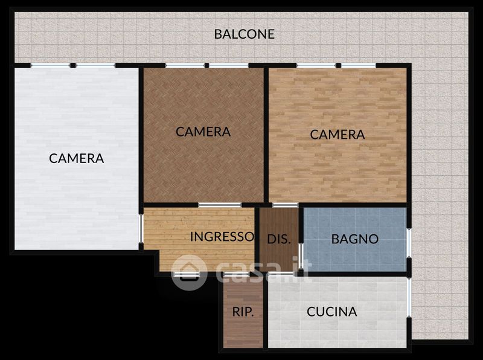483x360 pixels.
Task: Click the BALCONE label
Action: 245,34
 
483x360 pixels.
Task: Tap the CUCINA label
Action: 331,312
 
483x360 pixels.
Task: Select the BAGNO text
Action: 355,239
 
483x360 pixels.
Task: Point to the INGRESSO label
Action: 222,237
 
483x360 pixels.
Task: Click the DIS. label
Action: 279,239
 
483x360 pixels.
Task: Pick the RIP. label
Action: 243,312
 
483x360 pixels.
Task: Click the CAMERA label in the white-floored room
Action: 77,158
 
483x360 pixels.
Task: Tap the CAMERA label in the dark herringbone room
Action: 203,132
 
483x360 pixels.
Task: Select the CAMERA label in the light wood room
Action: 337,135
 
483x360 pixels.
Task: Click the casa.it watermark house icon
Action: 189,272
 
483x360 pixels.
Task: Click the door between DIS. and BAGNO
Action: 301,256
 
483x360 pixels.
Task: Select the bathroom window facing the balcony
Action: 409,243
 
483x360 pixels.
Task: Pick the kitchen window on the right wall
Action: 409,297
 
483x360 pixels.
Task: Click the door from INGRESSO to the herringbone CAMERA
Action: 220,205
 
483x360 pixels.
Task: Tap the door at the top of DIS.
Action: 285,205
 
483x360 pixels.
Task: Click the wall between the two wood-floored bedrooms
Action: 266,135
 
